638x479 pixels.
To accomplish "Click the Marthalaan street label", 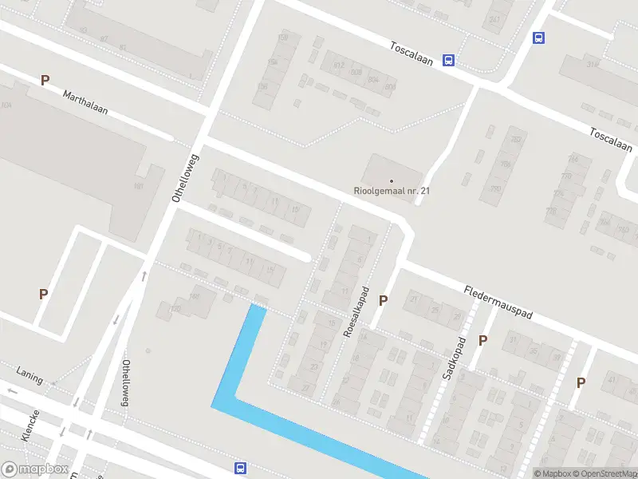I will (85, 101).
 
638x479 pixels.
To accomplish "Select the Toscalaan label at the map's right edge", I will (612, 141).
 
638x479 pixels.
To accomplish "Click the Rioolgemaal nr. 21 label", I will (392, 192).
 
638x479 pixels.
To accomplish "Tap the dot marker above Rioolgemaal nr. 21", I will (392, 180).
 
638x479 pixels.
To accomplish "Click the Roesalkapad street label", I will (356, 311).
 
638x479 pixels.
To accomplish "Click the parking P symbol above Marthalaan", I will (45, 80).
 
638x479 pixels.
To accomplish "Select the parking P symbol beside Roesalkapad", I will (384, 300).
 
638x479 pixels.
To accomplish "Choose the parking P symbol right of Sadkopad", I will (482, 340).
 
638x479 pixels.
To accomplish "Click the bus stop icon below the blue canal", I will (240, 468).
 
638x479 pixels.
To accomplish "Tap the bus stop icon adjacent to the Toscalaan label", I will (449, 60).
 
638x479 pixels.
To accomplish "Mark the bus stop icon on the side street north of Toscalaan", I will (539, 37).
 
